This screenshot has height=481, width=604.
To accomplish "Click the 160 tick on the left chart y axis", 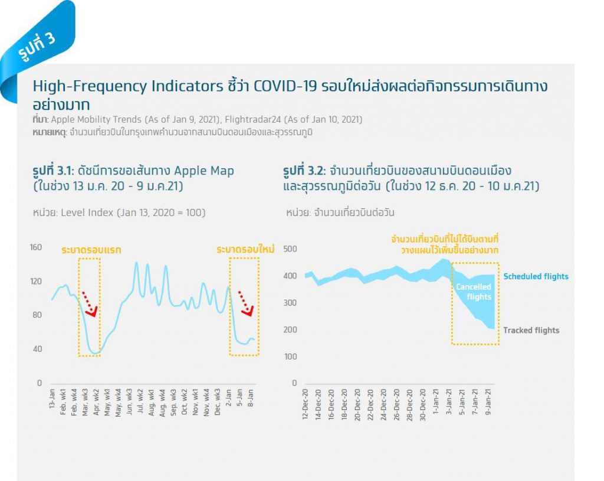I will point(36,247).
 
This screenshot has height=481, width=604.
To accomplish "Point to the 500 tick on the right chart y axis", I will point(290,249).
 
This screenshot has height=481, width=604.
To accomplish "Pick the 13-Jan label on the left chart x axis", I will point(52,400).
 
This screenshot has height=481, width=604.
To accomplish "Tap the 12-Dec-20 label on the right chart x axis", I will point(305,404).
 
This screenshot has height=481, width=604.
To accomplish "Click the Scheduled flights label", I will point(536,276).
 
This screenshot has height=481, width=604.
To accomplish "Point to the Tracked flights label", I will point(531,331).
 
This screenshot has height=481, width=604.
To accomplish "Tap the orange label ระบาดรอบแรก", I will point(91,250).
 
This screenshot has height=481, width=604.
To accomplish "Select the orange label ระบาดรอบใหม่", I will point(245,250).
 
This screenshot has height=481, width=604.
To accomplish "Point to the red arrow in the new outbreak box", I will point(247,302).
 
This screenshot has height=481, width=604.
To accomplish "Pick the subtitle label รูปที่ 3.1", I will point(53,171).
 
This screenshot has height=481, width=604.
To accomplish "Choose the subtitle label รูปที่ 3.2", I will point(304,171).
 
